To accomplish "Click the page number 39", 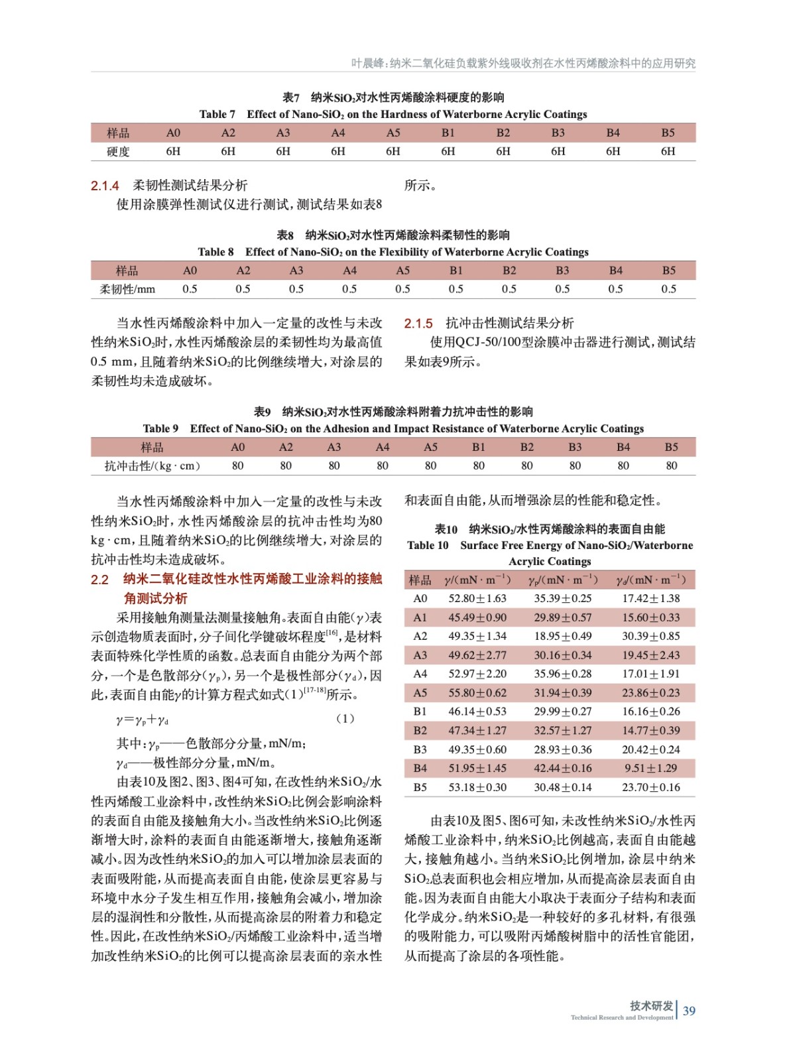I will [689, 1011].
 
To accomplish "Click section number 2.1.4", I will [105, 186].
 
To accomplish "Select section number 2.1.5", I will [418, 324].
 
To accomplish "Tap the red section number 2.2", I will [99, 580].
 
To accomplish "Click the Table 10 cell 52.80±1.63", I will [477, 598].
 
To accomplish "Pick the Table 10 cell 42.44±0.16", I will [563, 768].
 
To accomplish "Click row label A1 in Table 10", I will [420, 617].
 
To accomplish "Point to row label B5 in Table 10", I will [420, 787].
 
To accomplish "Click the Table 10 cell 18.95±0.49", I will [563, 636].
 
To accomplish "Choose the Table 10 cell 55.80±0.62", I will [477, 693].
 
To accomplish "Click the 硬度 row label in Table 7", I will [119, 152].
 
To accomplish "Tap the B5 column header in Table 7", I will [668, 133].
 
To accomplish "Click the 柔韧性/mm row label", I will [127, 289].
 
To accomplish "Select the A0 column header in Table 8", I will [190, 271].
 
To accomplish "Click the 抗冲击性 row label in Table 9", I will [152, 466].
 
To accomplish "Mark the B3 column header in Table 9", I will [575, 447].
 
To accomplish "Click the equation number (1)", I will [345, 718].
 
